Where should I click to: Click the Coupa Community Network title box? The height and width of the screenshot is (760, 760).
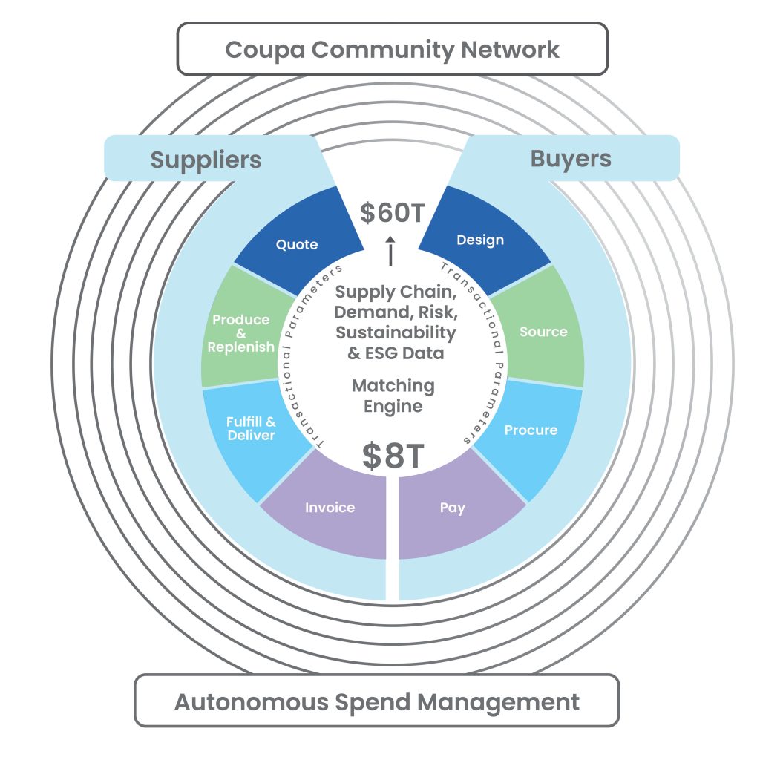[x=392, y=49]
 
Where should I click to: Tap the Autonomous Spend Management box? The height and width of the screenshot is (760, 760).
[x=376, y=701]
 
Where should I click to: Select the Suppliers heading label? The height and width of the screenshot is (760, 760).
[x=206, y=160]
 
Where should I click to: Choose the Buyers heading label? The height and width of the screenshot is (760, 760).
[x=571, y=158]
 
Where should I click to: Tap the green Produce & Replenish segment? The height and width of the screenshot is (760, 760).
[x=241, y=333]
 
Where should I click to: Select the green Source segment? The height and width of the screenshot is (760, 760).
[x=543, y=332]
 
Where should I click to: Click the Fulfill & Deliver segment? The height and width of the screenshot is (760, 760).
[x=251, y=429]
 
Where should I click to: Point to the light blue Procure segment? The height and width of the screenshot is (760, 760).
[x=531, y=430]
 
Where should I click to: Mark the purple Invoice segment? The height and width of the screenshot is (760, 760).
[x=330, y=508]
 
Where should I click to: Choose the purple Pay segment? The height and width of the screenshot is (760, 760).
[x=452, y=508]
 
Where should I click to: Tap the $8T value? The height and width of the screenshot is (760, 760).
[x=393, y=456]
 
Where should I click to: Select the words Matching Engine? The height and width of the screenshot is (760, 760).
[x=393, y=396]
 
